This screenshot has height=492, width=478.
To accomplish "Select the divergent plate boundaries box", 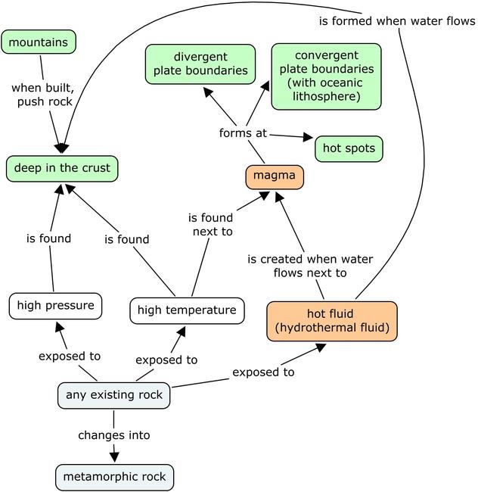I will (x=200, y=64).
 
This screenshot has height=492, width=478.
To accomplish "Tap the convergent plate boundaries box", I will (x=326, y=76).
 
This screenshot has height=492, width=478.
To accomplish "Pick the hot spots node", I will (x=349, y=148).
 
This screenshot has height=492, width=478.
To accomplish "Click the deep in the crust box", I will (x=62, y=168).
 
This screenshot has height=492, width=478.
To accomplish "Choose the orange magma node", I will (x=275, y=178).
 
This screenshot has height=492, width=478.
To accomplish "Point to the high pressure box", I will (x=54, y=306).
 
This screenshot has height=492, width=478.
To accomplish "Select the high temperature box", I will (x=188, y=310).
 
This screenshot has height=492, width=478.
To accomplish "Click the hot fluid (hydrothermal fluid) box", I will (x=331, y=321).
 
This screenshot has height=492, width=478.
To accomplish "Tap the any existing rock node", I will (x=113, y=395).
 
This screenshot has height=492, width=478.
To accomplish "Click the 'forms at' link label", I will (x=243, y=133).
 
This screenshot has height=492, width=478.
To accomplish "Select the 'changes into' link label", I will (x=114, y=435).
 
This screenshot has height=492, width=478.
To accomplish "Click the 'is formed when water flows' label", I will (x=396, y=21).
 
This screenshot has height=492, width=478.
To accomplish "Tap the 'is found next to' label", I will (x=210, y=225).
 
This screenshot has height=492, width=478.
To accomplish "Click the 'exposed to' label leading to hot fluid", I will (x=263, y=372).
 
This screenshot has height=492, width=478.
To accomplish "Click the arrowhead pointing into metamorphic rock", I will (x=115, y=456).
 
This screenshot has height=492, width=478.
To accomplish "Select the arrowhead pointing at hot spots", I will (x=307, y=138).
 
